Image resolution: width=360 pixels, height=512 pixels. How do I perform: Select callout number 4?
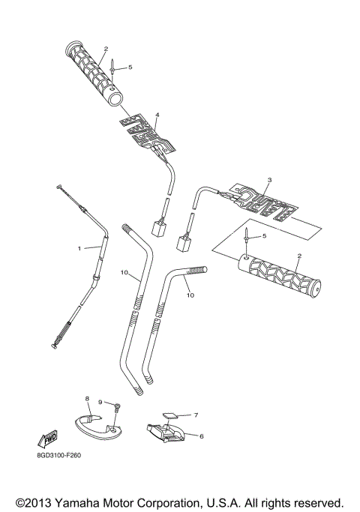coord(157,115)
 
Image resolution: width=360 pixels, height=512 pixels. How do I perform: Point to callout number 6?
coord(201,435)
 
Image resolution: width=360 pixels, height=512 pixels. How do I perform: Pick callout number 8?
coord(87,398)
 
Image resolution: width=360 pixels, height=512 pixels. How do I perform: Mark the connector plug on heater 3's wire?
coord(183,242)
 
